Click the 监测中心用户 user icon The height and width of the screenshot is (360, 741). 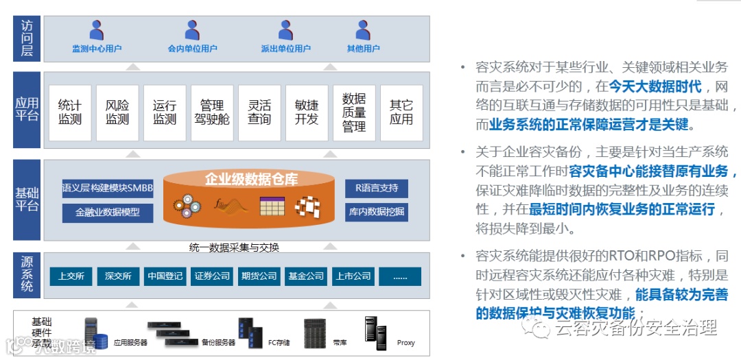97,30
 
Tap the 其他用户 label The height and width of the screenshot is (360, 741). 363,49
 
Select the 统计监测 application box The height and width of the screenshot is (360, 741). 70,113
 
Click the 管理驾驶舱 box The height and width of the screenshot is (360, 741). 212,113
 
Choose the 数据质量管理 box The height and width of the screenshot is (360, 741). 354,113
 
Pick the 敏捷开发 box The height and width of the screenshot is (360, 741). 307,113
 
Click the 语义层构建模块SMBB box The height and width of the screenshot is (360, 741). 108,188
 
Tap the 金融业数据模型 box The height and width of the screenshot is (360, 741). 108,212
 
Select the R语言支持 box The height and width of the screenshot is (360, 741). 376,188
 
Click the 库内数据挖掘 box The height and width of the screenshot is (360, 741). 376,212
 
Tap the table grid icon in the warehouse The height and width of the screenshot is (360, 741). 272,205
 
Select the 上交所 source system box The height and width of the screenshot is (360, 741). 71,276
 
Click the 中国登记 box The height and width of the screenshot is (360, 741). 165,276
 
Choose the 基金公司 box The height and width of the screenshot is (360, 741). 306,276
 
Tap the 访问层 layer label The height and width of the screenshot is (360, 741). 27,38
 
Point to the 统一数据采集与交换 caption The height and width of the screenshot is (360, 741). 234,247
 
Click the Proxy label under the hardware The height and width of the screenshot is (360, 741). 405,343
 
